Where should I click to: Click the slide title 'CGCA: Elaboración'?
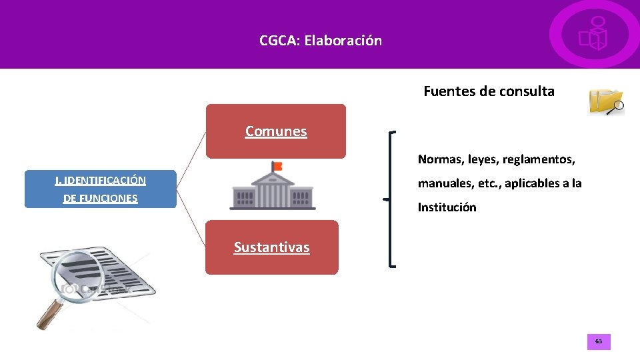coord(321,41)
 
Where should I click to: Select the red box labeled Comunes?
coord(276,131)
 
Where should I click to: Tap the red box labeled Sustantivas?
coord(271,247)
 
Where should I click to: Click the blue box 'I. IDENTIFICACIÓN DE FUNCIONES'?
coord(100,189)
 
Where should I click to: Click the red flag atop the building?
coord(277,165)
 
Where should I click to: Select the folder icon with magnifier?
coord(605,101)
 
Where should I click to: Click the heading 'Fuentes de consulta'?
coord(489,91)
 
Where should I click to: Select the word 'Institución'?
coord(447,207)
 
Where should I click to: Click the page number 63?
coord(598,342)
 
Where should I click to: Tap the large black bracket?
coord(392,199)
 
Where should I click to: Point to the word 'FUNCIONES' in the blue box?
coord(100,198)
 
